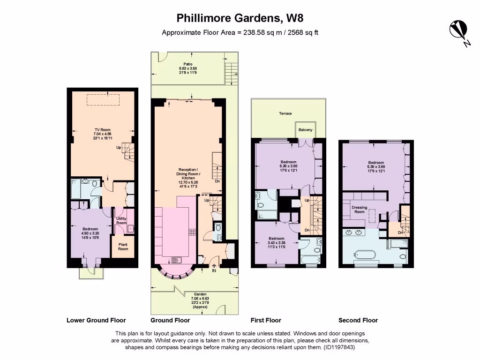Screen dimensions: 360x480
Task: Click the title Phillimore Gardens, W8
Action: coord(240,18)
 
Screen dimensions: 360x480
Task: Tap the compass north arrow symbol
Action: coord(457,30)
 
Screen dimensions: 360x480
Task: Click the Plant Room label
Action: coord(123,247)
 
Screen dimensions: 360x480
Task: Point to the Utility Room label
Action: coord(121,221)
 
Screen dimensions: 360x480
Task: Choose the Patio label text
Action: coord(188,64)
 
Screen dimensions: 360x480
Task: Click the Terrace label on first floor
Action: coord(285,113)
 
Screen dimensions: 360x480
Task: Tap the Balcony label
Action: coord(304,130)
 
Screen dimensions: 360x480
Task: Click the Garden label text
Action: coord(195,294)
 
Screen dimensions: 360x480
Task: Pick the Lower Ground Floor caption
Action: coord(96,321)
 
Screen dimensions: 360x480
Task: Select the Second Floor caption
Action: coord(358,321)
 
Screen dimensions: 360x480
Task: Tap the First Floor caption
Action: coord(266,321)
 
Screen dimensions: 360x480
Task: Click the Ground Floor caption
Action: coord(170,321)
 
